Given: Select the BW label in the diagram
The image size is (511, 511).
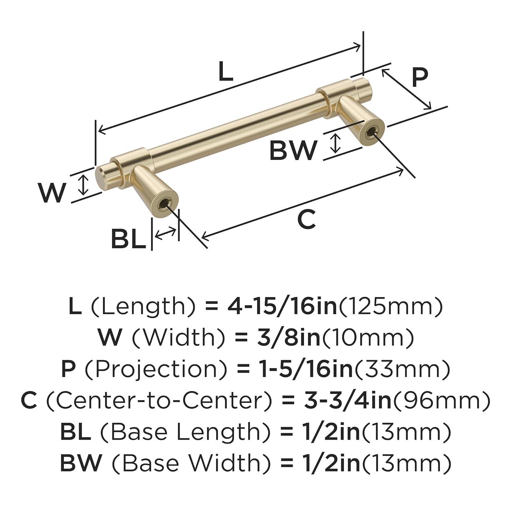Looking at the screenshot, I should [x=293, y=150].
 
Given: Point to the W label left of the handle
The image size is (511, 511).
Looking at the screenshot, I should [x=52, y=192].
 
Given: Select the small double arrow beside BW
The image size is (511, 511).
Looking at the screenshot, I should [x=336, y=143].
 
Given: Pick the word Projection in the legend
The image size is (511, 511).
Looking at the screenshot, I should [x=156, y=369].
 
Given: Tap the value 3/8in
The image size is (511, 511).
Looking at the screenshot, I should [x=289, y=338].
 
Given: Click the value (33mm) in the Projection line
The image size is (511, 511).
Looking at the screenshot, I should [x=402, y=369].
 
